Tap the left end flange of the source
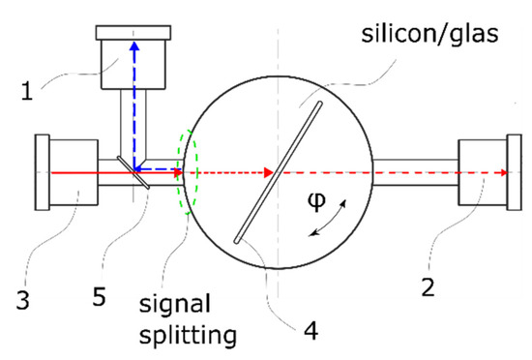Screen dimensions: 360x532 click(x=41, y=172)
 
